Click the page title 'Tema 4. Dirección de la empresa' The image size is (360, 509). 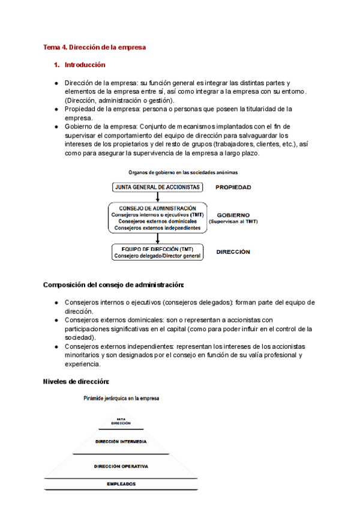(95, 47)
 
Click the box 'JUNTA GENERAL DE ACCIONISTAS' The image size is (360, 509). (157, 187)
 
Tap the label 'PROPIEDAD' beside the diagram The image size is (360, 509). (233, 187)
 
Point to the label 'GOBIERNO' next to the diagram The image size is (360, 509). (233, 214)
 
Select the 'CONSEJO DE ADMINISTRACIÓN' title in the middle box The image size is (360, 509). (157, 208)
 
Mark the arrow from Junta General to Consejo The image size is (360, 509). (157, 197)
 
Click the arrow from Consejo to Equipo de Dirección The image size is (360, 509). (157, 238)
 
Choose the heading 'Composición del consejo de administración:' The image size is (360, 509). (113, 285)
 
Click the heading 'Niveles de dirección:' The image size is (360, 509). (76, 381)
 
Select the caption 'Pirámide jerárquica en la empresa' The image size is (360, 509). (121, 397)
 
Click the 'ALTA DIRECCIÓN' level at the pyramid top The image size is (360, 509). (121, 422)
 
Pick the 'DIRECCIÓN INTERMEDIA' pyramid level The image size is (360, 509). (121, 441)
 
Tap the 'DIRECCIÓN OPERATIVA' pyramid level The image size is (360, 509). (121, 466)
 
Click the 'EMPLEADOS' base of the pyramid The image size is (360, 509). (121, 484)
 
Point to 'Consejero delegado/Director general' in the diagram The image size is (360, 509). (157, 256)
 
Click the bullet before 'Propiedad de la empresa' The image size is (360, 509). (56, 109)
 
